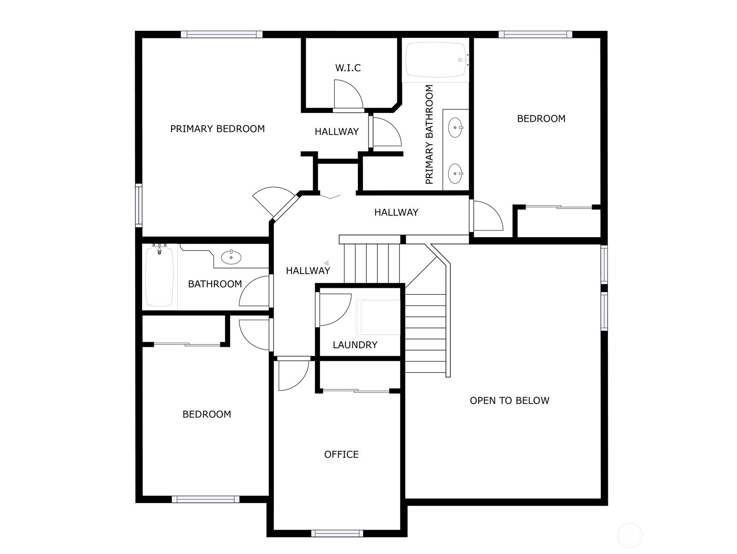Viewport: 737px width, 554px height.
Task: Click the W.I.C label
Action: (x=348, y=68)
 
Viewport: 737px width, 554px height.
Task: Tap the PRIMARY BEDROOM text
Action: (x=218, y=129)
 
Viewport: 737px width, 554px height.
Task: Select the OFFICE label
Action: (x=341, y=455)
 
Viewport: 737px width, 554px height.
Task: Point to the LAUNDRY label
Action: (x=355, y=345)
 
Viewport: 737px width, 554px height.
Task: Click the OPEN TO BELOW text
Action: (x=509, y=400)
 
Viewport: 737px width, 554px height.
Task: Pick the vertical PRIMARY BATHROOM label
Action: (x=429, y=134)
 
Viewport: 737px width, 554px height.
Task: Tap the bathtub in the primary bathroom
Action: (x=436, y=60)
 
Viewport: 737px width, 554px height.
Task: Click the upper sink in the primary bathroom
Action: (x=455, y=128)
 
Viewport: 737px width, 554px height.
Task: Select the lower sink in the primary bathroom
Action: (x=455, y=173)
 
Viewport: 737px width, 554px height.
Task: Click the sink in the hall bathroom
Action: (x=231, y=257)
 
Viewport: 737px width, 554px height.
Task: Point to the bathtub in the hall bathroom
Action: (x=160, y=277)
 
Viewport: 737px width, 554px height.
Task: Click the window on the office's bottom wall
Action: (x=337, y=533)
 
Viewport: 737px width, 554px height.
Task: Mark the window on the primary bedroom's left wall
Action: (x=138, y=205)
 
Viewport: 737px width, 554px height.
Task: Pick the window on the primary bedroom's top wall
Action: (x=221, y=34)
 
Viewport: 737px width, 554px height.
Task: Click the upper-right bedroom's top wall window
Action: (x=535, y=34)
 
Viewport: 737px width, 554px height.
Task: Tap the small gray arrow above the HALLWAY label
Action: (x=326, y=263)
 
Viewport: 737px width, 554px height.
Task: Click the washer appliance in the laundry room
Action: (x=378, y=317)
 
